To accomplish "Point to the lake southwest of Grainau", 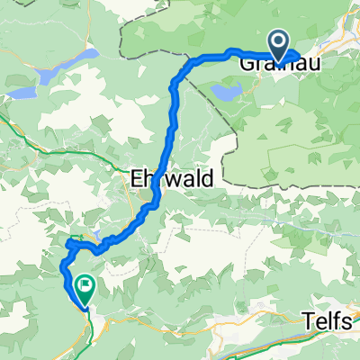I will tap(227, 92).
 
